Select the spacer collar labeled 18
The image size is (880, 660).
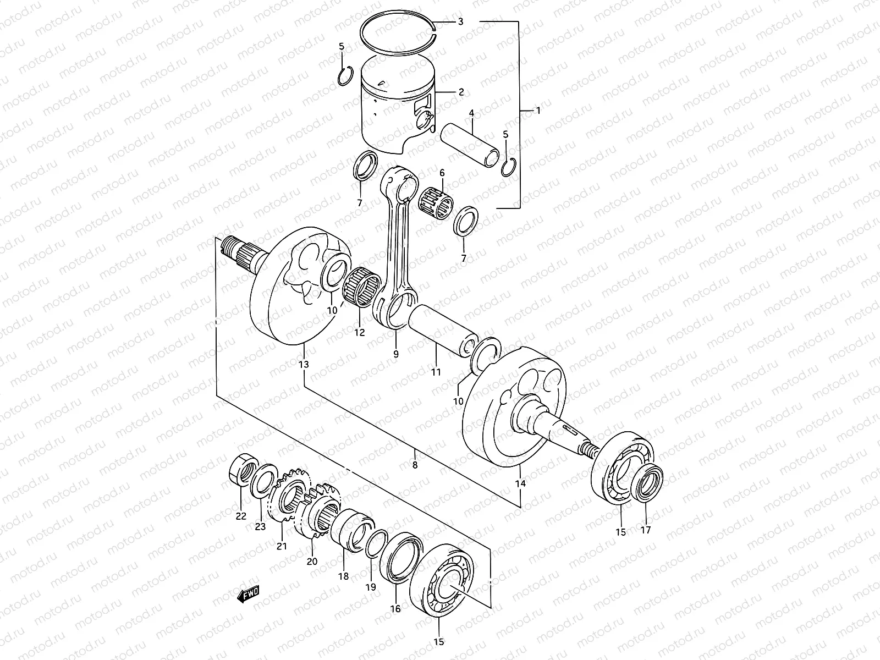tap(351, 528)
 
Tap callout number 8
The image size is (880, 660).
tap(415, 465)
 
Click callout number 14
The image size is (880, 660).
tap(520, 483)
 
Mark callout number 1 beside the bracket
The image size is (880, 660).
tap(538, 110)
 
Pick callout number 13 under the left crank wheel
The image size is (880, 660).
tap(304, 364)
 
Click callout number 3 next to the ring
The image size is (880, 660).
tap(460, 22)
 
